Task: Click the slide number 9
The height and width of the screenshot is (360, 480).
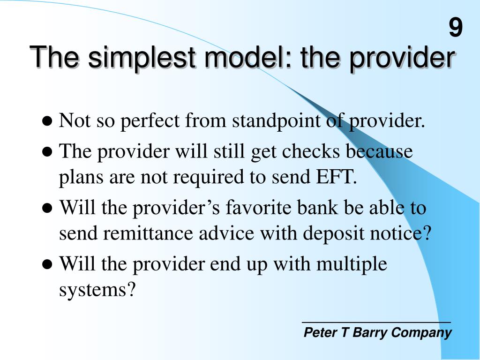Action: [x=456, y=28]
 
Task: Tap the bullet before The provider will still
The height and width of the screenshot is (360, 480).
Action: [x=47, y=152]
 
